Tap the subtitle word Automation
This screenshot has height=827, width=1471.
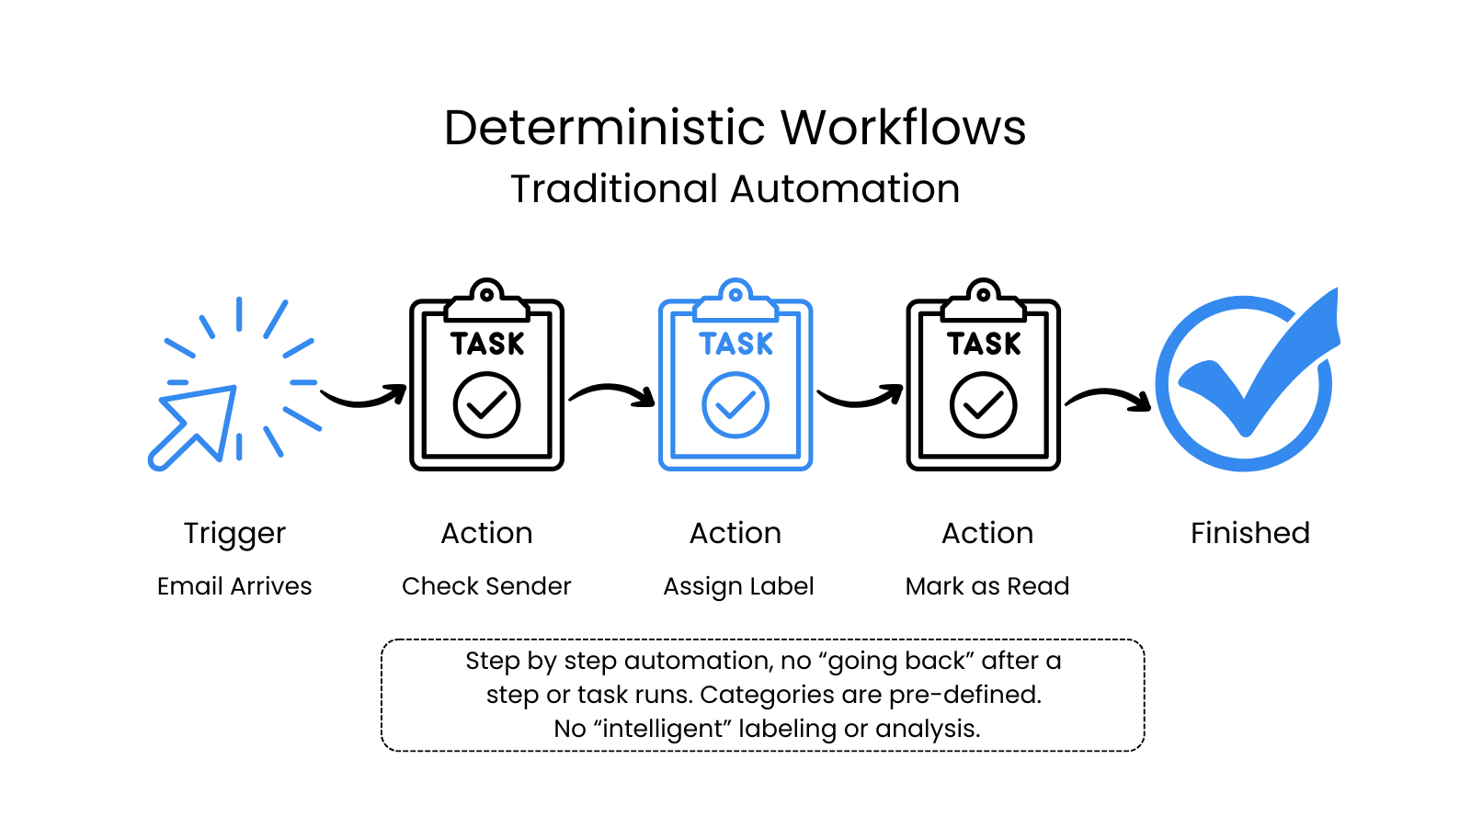coord(846,189)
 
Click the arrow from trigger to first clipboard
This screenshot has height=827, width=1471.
coord(364,397)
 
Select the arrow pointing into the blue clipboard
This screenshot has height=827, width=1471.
coord(612,393)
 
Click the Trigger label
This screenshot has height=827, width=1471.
coord(234,534)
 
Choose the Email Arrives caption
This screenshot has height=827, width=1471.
coord(234,586)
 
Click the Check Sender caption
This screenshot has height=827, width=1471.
coord(486,586)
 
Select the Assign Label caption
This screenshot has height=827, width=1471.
coord(738,586)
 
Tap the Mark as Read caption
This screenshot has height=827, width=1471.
coord(987,586)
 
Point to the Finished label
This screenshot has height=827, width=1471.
coord(1249,533)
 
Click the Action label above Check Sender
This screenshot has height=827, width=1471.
coord(486,533)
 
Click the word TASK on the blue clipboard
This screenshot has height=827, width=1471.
coord(735,344)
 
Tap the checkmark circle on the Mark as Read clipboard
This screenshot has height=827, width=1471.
coord(983,405)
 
